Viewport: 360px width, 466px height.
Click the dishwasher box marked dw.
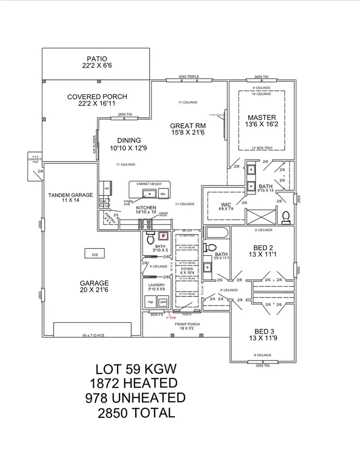pos(163,193)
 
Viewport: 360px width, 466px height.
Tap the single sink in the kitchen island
pos(150,194)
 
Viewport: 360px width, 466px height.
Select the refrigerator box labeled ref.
pos(107,188)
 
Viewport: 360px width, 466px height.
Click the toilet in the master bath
pos(286,216)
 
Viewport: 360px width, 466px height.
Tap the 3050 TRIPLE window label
pos(189,77)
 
